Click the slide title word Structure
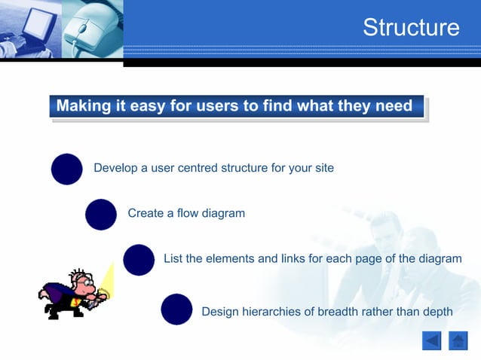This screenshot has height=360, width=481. (411, 28)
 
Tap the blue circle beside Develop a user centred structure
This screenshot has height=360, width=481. (66, 169)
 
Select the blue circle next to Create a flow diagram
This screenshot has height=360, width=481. (101, 214)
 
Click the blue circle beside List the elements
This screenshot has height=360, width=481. (139, 260)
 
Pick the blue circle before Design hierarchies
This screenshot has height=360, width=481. (176, 309)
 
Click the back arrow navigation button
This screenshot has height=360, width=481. (431, 341)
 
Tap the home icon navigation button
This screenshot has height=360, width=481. (458, 341)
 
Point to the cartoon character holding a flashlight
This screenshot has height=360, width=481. (70, 294)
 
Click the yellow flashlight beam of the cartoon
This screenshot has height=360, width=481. (106, 279)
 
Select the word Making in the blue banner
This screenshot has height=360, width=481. (84, 106)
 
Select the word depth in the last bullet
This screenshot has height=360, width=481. (437, 312)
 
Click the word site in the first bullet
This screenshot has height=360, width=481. (323, 168)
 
